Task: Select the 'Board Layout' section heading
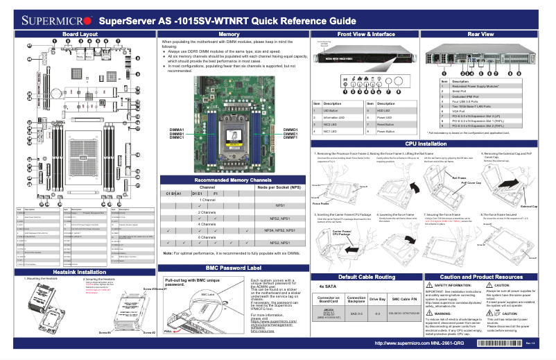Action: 80,33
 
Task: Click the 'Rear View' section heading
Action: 481,33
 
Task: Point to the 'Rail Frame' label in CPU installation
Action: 459,178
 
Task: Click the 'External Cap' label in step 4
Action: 530,206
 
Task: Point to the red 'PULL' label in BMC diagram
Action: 167,332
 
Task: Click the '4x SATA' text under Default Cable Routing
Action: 327,286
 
